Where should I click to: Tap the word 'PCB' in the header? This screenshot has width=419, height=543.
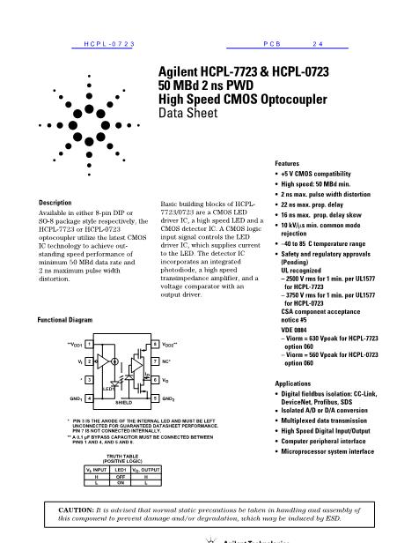pos(272,42)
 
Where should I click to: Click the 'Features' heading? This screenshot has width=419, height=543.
pos(288,164)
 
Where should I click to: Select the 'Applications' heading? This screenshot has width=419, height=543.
pos(294,384)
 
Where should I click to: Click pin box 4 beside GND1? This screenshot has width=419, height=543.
pos(91,398)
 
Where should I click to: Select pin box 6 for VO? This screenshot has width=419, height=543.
pos(156,380)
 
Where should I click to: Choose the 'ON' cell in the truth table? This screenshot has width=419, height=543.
pos(118,482)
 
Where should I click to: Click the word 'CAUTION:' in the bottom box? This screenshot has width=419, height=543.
pos(77,510)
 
